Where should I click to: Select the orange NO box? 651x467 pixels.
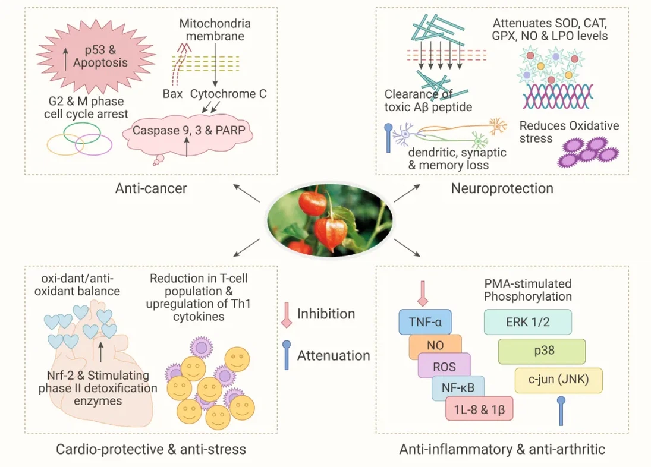435,345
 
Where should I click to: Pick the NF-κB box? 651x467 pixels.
458,387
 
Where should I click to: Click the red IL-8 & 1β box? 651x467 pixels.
479,409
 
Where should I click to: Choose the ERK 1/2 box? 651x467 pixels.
528,321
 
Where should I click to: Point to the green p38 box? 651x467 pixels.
542,351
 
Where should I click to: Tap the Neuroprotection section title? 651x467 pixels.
502,189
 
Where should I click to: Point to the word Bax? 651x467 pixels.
173,94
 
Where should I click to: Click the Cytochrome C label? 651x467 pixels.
228,94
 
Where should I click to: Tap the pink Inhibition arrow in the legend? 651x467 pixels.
286,314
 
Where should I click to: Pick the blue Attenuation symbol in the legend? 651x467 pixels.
286,355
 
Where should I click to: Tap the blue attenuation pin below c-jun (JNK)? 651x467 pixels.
560,411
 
